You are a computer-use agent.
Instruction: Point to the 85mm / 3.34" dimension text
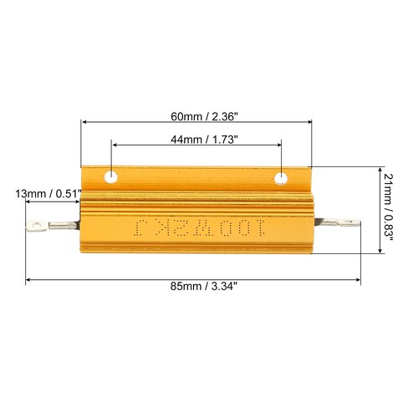click(196, 287)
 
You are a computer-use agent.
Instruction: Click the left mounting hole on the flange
click(110, 177)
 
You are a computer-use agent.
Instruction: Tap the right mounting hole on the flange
click(283, 177)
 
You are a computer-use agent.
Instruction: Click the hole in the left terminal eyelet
click(35, 224)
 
